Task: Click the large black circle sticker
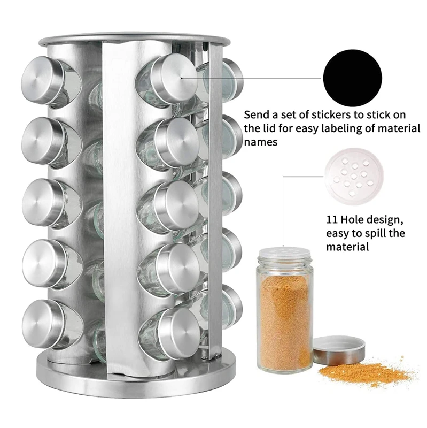(x=352, y=78)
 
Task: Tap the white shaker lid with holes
(x=354, y=177)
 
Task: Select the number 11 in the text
(x=332, y=219)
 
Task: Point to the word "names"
(x=261, y=142)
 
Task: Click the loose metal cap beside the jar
(x=339, y=351)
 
